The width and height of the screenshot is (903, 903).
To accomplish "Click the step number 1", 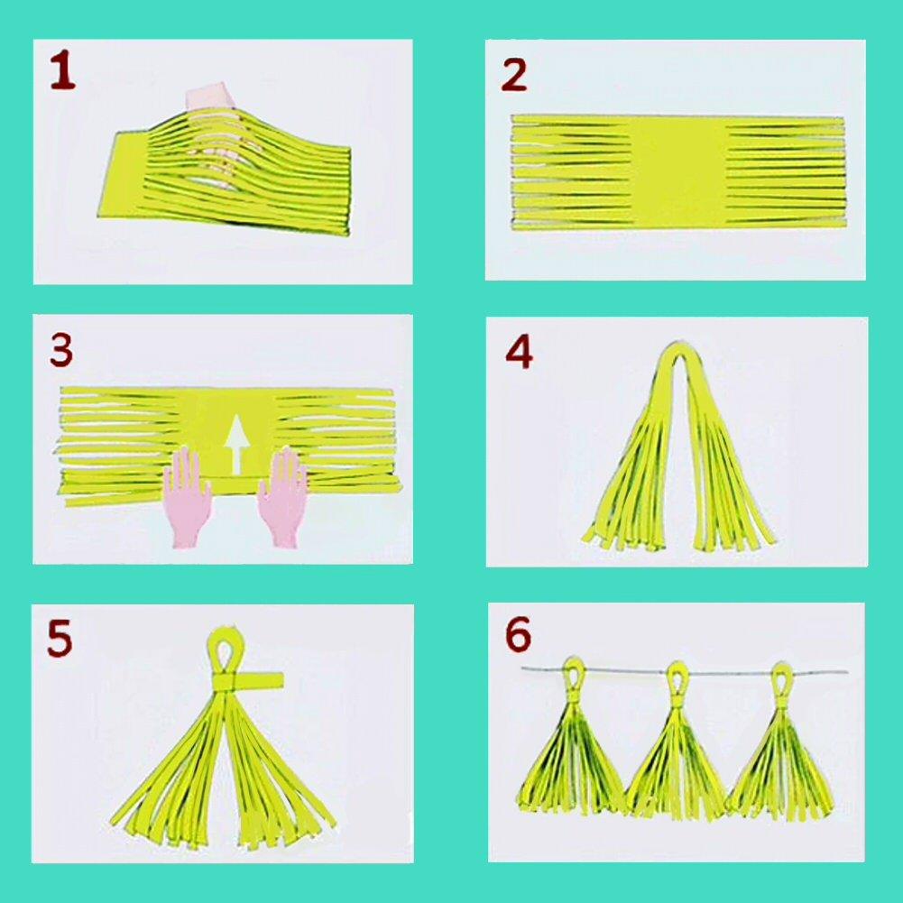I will [x=62, y=73].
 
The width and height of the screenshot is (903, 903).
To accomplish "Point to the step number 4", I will [x=519, y=353].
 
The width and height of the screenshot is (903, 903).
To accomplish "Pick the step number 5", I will [x=60, y=639].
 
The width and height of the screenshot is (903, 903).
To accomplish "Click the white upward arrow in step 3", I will [x=236, y=443].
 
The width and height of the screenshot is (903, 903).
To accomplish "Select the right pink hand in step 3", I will [x=283, y=495].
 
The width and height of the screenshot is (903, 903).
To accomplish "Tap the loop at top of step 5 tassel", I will [x=222, y=647].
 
